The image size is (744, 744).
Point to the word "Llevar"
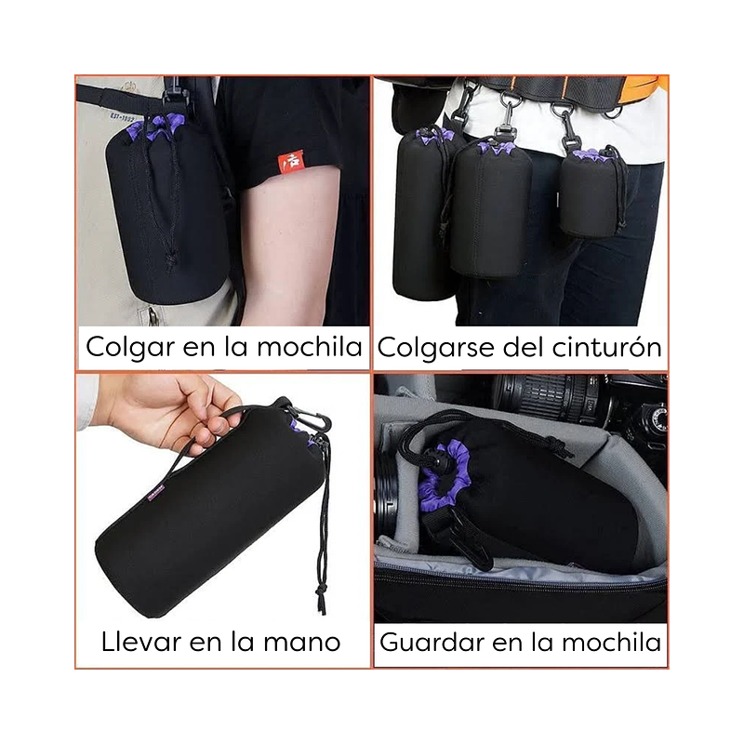(141, 642)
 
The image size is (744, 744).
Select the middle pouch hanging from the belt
(491, 208)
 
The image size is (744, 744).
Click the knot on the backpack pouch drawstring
(170, 259)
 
